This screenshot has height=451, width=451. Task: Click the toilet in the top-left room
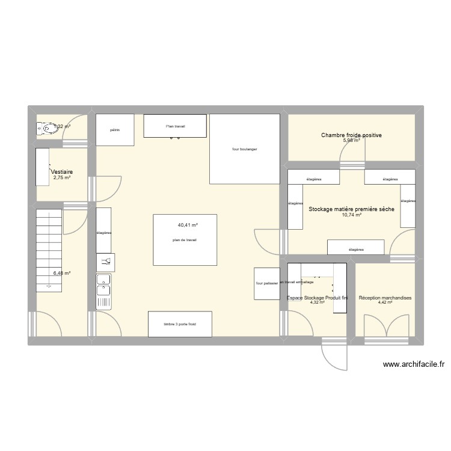click(46, 127)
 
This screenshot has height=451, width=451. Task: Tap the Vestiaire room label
click(62, 171)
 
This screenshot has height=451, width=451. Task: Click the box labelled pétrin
click(115, 130)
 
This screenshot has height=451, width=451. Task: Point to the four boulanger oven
click(245, 149)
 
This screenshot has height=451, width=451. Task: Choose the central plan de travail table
click(185, 239)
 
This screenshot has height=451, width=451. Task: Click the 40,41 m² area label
click(188, 225)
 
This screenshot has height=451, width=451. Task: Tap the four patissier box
click(266, 283)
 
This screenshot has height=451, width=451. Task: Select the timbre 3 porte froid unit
click(180, 324)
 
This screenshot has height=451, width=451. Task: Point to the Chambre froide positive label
click(351, 135)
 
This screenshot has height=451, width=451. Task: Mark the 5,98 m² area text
click(351, 141)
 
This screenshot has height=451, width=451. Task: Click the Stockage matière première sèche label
click(351, 209)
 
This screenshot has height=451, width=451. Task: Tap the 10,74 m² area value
click(351, 215)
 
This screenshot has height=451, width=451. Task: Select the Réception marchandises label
click(385, 298)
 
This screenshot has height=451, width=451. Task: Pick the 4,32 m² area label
click(317, 302)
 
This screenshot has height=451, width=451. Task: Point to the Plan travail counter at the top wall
click(176, 126)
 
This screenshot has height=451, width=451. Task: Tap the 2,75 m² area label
click(62, 177)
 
